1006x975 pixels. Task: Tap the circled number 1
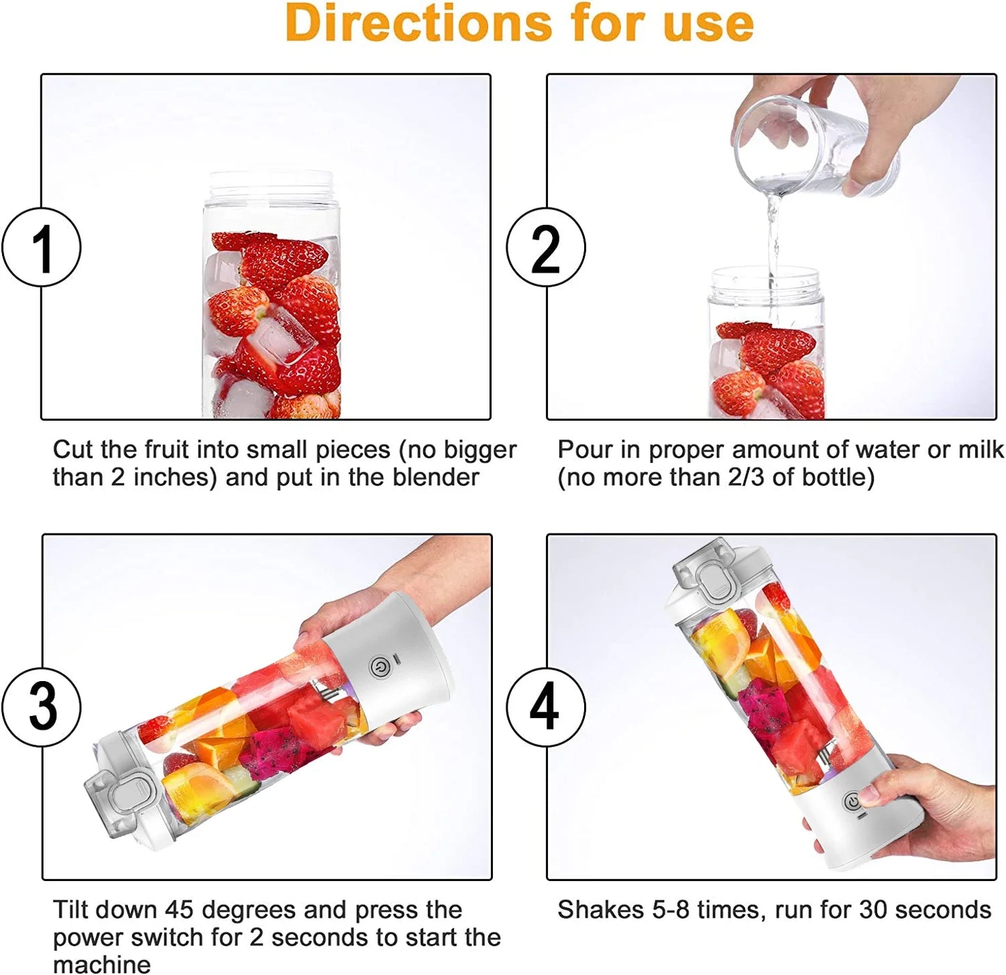[x=42, y=247]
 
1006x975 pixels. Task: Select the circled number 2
[x=545, y=247]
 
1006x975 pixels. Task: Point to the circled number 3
[x=42, y=707]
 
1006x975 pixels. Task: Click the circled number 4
[x=545, y=707]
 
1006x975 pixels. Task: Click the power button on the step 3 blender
[x=379, y=667]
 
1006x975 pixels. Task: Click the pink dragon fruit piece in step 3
[x=275, y=752]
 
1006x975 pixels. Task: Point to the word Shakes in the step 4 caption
[x=600, y=910]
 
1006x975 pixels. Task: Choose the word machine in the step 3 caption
[x=102, y=965]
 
